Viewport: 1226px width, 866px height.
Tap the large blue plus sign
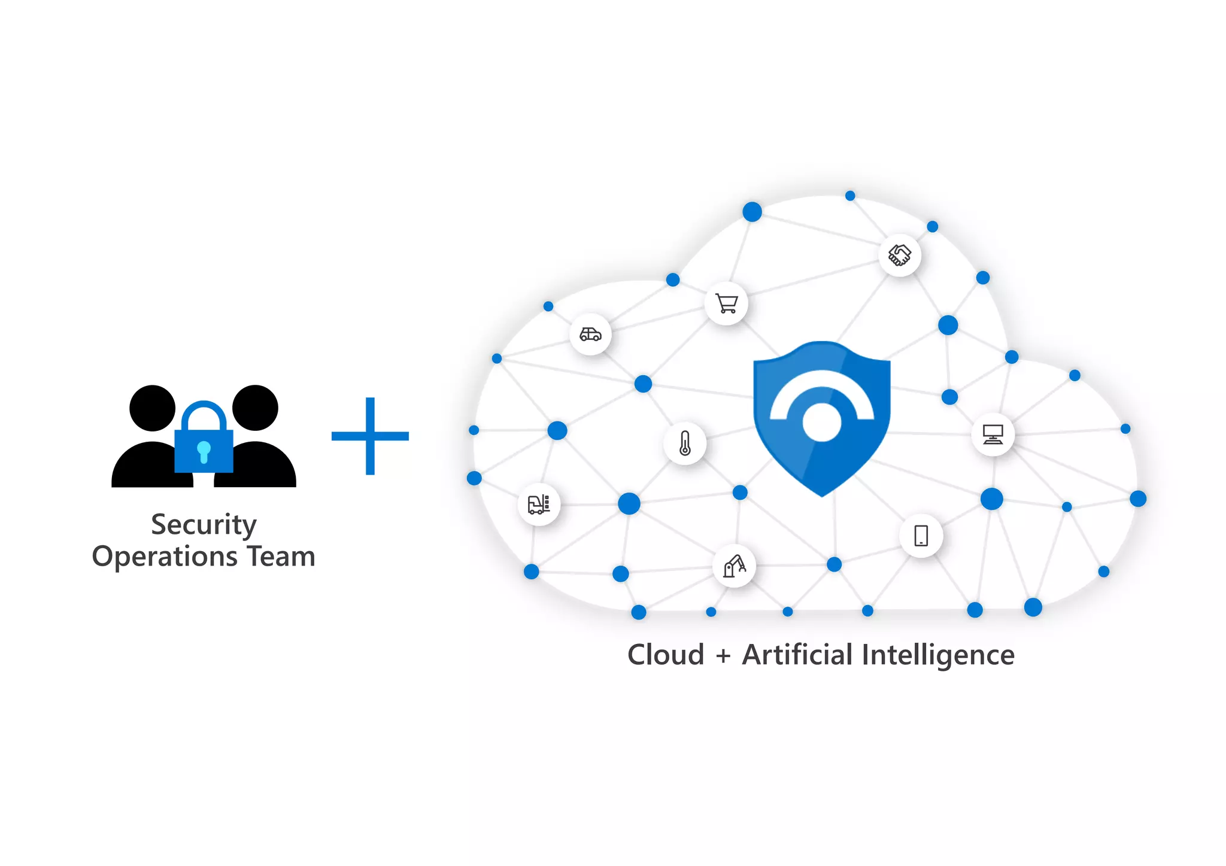coord(370,436)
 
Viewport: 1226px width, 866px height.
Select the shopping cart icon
coord(726,304)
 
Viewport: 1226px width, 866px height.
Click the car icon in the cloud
coord(590,334)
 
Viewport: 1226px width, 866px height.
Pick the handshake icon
coord(899,255)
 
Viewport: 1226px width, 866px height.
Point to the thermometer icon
coord(685,443)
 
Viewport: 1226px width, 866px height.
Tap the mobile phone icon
coord(921,536)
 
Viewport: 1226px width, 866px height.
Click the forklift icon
coord(539,504)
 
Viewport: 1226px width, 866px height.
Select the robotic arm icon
coord(734,566)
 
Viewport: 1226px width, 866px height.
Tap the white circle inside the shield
coord(821,422)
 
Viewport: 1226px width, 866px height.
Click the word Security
coord(204,525)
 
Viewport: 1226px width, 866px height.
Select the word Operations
coord(165,556)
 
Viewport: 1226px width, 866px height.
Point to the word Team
coord(281,556)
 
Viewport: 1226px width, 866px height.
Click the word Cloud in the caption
coord(665,654)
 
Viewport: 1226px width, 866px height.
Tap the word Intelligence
coord(938,655)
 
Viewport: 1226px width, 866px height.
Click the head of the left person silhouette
coord(153,408)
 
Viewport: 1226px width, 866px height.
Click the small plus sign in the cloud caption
coord(723,656)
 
